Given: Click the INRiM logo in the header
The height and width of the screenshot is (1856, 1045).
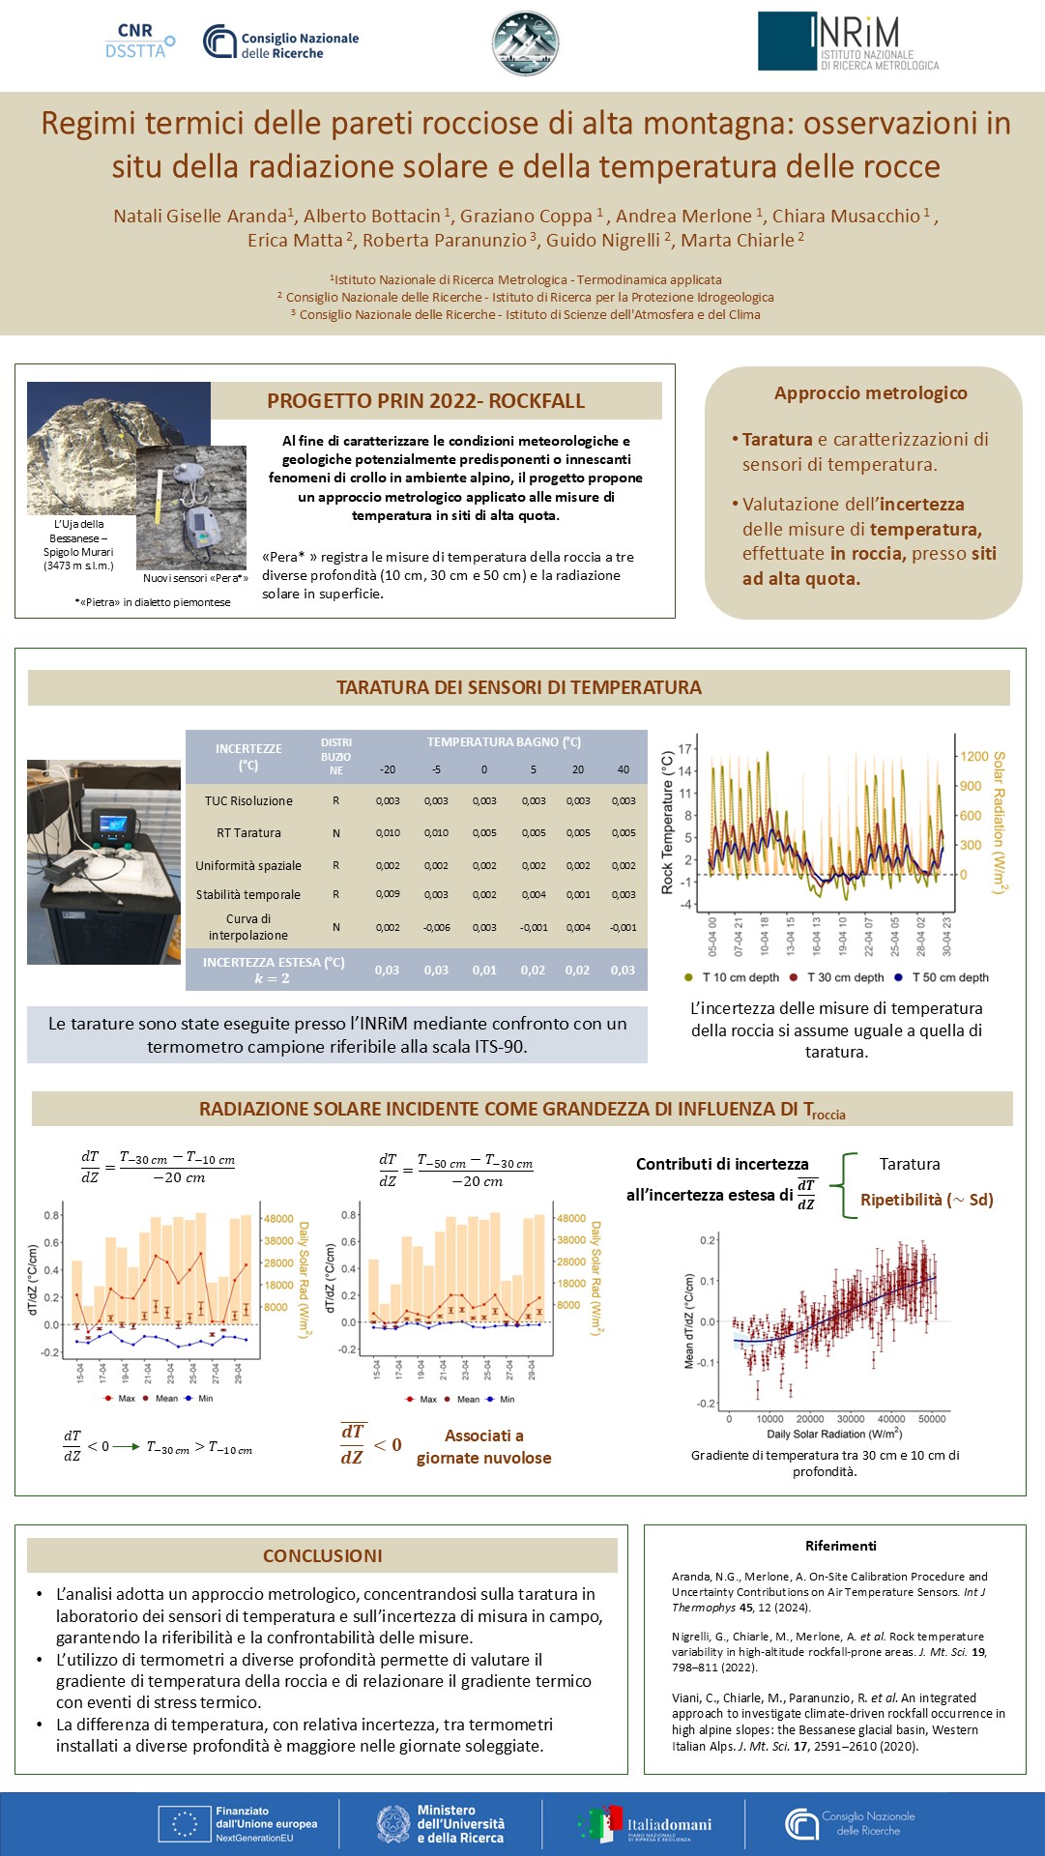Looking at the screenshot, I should point(848,42).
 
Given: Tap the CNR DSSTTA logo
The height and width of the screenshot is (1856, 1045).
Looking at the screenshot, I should point(139,42).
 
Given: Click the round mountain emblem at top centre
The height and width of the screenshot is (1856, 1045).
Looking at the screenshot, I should point(525,43).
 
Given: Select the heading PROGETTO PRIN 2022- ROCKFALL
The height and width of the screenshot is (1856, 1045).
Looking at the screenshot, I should point(426,401).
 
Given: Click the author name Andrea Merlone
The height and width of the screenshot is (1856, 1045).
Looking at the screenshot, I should point(683,216).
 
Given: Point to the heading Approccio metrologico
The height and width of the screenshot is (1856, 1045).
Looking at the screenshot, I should point(870,392).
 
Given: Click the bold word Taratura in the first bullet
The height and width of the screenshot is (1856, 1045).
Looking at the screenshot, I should point(777,439).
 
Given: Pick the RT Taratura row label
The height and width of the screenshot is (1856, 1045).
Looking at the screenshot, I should point(248,833).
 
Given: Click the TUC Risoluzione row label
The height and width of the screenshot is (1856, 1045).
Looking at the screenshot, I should point(248,800).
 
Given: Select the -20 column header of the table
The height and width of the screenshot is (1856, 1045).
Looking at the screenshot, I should point(388,769).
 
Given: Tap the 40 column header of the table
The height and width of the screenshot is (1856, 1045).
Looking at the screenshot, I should point(624,769).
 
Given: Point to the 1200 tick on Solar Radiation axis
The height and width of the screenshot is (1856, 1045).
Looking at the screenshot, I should point(973,757).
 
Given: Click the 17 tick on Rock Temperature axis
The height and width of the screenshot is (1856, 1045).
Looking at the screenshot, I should point(685,748).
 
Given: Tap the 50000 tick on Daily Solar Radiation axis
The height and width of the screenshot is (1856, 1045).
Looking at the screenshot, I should point(932,1419).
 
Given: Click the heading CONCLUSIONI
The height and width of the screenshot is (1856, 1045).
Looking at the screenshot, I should point(322,1555).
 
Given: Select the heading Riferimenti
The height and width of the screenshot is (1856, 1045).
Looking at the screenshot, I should point(840,1546).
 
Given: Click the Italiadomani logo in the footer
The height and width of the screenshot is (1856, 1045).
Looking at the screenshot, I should point(645,1824).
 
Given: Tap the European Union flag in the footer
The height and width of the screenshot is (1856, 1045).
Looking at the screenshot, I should point(185,1824).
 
